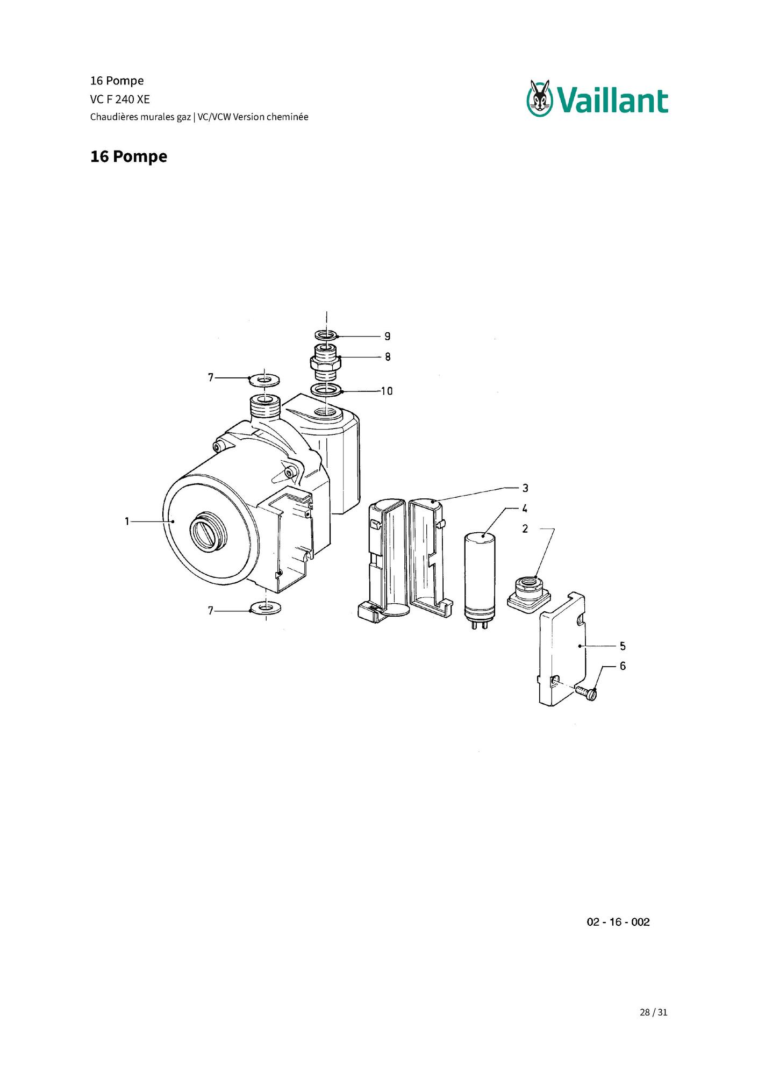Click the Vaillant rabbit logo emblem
click(540, 98)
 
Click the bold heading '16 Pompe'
click(128, 156)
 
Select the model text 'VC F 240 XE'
click(120, 99)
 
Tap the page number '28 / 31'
click(653, 1012)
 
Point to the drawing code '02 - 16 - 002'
click(618, 922)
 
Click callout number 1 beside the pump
click(127, 521)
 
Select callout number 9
click(387, 336)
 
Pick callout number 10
click(387, 391)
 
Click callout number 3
click(525, 488)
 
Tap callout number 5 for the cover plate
click(623, 646)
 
